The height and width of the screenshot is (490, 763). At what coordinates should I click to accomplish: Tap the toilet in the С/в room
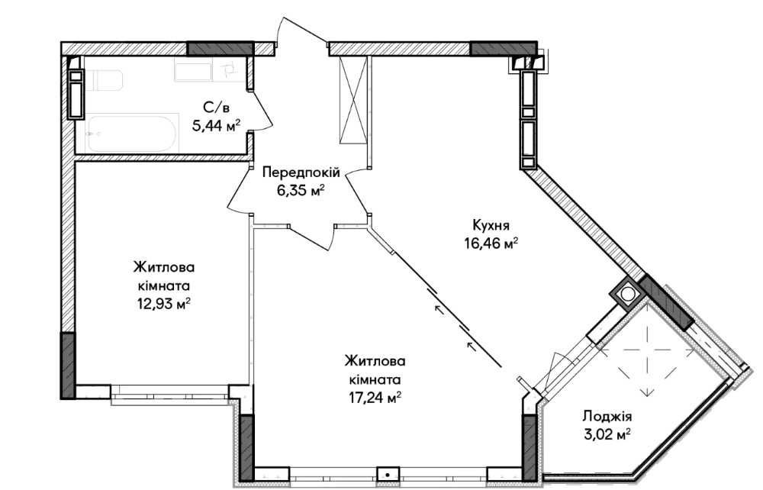tap(103, 80)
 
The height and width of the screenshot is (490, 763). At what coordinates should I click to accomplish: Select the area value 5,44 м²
tap(217, 126)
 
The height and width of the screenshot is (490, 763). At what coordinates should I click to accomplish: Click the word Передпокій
tap(301, 172)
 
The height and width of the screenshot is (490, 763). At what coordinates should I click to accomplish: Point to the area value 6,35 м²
tap(301, 190)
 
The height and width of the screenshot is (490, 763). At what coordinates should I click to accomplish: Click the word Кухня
tap(491, 225)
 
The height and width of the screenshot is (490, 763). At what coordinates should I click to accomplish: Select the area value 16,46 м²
tap(491, 243)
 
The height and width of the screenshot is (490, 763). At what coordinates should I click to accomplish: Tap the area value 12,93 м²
tap(163, 305)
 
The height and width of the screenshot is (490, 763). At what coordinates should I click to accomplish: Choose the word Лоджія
tap(607, 417)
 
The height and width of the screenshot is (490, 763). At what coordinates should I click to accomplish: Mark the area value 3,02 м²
tap(607, 434)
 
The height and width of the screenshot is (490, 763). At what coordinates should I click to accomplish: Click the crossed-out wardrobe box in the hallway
tap(353, 100)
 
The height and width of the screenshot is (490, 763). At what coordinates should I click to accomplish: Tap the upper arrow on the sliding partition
tap(439, 309)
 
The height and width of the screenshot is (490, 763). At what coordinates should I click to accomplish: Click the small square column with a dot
tap(388, 474)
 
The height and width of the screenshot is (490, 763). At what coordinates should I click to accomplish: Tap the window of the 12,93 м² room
tap(170, 393)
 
